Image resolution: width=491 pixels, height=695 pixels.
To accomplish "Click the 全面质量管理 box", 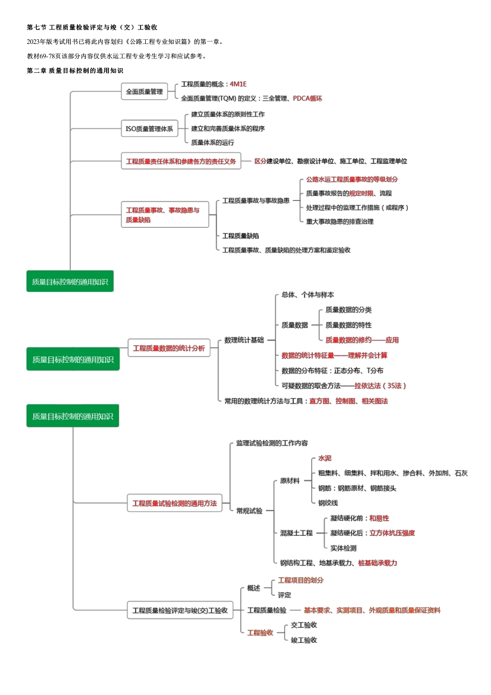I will point(144,92).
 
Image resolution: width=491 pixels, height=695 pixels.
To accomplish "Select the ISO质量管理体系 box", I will point(149,129).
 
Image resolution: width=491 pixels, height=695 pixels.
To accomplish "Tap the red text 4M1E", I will point(238,84).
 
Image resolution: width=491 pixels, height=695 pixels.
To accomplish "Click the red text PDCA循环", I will point(308,98).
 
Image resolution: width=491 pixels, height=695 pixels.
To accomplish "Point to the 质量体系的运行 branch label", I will point(212,143).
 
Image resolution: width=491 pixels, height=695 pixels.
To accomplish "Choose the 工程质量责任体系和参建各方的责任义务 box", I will point(181,162).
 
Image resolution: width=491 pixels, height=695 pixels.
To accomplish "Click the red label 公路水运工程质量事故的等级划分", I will point(352,179).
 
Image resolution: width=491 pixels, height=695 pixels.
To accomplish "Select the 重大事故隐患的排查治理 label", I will point(340,222).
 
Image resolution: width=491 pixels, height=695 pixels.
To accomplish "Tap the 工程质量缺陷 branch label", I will point(240,236).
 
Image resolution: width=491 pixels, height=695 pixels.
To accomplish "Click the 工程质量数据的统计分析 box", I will point(169,348).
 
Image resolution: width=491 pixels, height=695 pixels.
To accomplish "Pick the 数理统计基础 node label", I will point(244,340).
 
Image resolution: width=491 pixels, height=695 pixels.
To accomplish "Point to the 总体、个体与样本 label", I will point(308,295).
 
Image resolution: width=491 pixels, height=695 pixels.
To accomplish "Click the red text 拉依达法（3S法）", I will point(380,385).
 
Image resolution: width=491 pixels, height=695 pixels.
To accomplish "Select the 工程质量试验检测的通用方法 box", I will point(174,503).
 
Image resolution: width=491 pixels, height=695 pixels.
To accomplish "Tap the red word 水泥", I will point(325,458).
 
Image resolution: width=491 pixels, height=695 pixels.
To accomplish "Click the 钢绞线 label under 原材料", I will point(328,503).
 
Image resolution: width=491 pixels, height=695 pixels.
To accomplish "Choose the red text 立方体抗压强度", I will point(392,533).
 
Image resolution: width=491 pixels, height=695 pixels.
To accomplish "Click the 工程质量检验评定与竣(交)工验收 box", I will point(180,610).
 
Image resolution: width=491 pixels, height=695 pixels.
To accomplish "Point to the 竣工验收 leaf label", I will point(304,640).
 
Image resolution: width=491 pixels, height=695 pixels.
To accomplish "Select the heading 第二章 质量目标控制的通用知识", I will point(75,71).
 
